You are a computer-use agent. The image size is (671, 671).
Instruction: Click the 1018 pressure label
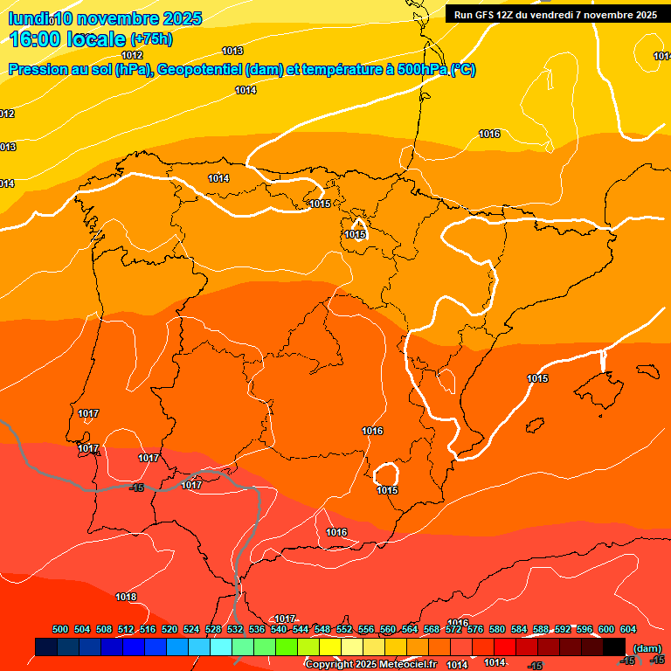(126, 598)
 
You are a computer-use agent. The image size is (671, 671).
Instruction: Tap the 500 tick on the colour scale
(60, 629)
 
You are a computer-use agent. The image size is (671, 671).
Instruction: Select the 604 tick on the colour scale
(628, 629)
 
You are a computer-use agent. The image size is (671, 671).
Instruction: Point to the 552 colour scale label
(344, 629)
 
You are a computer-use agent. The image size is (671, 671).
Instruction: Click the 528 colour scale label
(213, 629)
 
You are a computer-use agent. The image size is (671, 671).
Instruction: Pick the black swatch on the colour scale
(614, 647)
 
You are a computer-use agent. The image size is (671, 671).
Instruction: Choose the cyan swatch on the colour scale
(221, 647)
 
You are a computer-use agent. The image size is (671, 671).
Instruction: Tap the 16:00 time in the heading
(33, 39)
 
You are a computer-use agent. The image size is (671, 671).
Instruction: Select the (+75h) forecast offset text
(151, 39)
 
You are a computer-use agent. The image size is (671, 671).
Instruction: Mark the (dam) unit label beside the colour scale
(647, 647)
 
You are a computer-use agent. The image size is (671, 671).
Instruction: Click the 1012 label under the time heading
(132, 55)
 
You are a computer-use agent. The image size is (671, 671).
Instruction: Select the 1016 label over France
(489, 134)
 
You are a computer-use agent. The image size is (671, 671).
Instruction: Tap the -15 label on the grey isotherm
(136, 488)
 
